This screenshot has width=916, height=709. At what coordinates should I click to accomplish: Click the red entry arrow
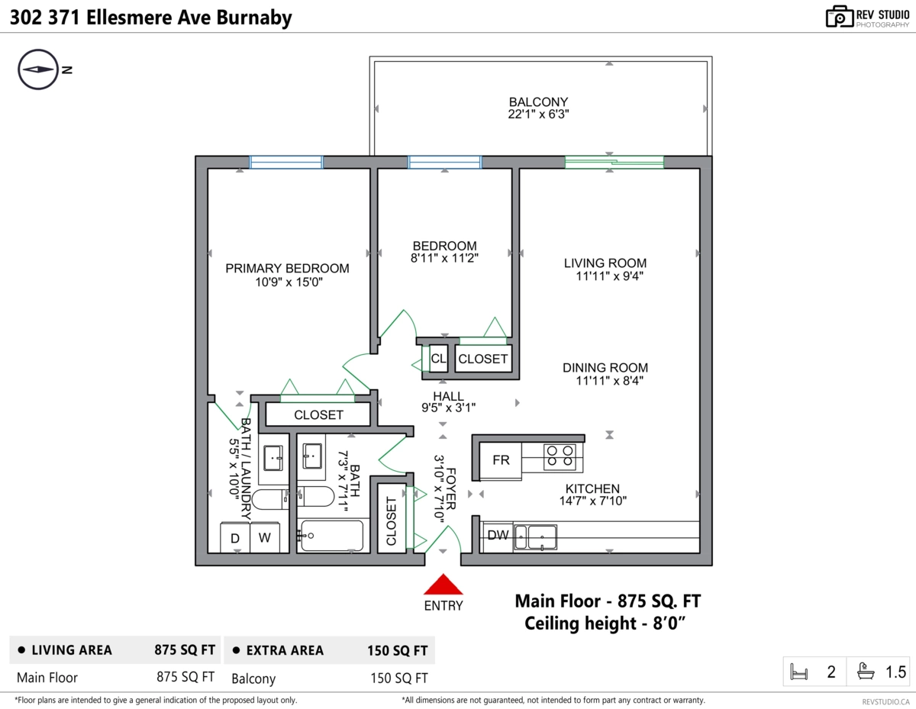[x=443, y=585]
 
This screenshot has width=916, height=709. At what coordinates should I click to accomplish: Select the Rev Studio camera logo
[x=839, y=17]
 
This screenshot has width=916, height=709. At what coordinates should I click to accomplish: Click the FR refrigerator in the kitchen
[x=500, y=460]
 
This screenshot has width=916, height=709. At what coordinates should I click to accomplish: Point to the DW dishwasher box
[x=498, y=536]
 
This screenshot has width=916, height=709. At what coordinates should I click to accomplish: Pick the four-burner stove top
[x=560, y=456]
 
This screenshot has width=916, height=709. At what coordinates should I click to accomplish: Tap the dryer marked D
[x=235, y=538]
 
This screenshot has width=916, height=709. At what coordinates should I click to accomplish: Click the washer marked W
[x=265, y=538]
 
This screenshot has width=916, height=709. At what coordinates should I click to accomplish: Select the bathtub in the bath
[x=332, y=536]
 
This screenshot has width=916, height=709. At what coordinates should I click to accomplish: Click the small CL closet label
[x=438, y=359]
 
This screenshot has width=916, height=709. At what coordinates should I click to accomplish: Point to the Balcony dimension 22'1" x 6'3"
[x=538, y=114]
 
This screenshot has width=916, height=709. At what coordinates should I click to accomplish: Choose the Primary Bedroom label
[x=287, y=269]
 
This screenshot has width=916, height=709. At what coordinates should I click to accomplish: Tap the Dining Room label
[x=605, y=368]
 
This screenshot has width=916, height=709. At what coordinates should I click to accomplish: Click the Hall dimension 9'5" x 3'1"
[x=449, y=408]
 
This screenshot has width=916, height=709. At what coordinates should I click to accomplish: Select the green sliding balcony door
[x=614, y=163]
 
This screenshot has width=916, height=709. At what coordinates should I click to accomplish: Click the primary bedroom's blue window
[x=286, y=163]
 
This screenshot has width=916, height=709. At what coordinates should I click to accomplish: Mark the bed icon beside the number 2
[x=798, y=672]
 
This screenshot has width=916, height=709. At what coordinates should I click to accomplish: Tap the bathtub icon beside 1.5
[x=866, y=672]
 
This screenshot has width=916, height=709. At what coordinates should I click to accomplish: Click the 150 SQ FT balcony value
[x=398, y=678]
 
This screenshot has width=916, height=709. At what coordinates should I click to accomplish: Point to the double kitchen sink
[x=535, y=537]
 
